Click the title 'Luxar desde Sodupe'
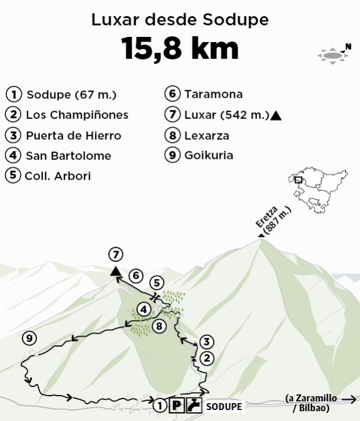(x=180, y=20)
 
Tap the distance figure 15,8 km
(x=180, y=49)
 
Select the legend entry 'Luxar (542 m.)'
(x=223, y=114)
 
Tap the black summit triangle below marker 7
(x=115, y=271)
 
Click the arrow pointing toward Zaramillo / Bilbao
(x=348, y=398)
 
